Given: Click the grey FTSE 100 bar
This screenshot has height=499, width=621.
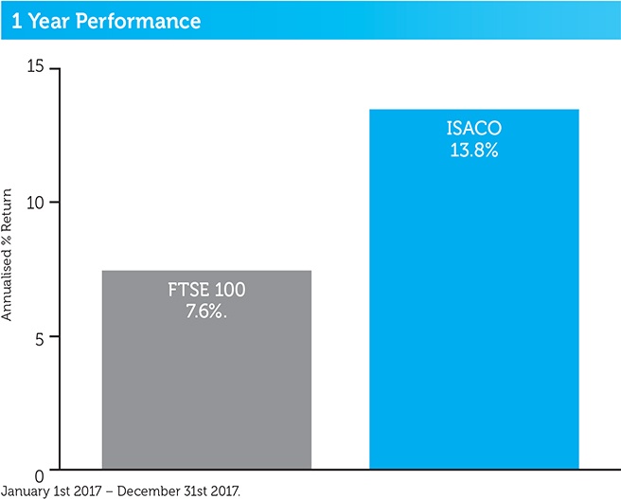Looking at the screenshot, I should (205, 379).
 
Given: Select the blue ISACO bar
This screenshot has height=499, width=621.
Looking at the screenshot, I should (473, 312).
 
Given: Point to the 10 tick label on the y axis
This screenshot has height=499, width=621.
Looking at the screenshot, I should (36, 203).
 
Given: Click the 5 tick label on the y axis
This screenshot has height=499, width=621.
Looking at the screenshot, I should (41, 337).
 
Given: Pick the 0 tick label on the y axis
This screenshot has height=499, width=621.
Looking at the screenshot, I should (41, 472).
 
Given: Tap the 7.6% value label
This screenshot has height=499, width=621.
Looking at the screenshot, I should (207, 309).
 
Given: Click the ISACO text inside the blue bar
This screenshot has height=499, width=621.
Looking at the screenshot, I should (472, 130).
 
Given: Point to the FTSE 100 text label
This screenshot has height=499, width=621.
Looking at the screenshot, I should (206, 290).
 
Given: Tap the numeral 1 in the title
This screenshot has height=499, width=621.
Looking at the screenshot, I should (16, 19).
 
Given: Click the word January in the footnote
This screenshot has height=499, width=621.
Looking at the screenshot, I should (24, 490).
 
